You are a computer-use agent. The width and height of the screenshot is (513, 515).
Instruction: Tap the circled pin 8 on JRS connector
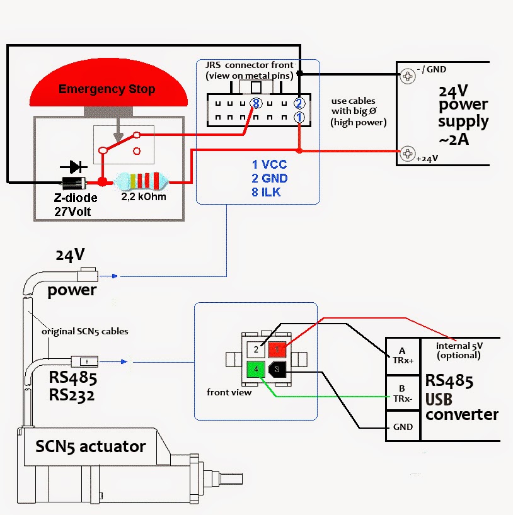click(255, 103)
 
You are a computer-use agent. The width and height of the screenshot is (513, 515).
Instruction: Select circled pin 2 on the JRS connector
click(299, 103)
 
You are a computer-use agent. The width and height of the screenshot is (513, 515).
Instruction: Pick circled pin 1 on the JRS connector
click(299, 117)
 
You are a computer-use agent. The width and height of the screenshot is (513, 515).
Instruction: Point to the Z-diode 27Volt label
click(75, 205)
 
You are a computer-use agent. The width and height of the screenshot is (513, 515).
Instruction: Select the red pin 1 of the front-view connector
click(277, 349)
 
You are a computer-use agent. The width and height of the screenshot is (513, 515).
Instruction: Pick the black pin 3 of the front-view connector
click(277, 370)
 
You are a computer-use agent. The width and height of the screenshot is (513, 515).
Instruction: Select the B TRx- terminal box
click(402, 392)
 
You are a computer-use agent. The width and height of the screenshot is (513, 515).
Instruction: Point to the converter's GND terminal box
click(402, 427)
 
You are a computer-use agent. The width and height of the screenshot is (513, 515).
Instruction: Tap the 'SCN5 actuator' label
click(90, 447)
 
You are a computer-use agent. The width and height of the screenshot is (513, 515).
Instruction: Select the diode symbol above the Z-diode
click(74, 167)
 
